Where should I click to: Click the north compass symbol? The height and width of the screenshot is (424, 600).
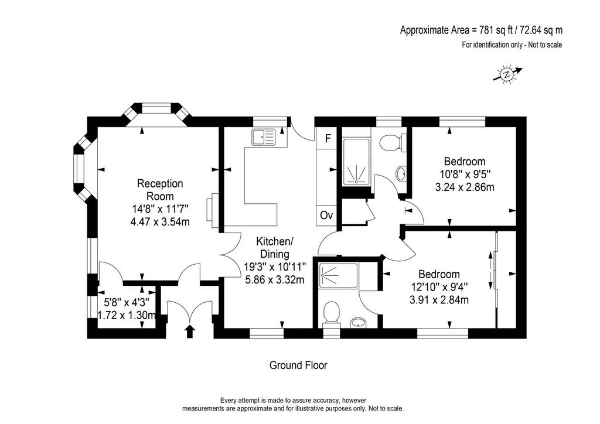click(508, 74)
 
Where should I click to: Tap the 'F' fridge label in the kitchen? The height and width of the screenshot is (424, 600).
click(328, 138)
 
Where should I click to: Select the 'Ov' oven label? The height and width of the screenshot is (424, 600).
click(326, 216)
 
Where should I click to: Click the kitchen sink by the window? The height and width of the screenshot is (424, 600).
click(264, 137)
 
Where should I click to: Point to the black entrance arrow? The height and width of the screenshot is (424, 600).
click(189, 331)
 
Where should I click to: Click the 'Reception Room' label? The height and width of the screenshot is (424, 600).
click(160, 190)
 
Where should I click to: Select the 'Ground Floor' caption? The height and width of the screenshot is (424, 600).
click(298, 365)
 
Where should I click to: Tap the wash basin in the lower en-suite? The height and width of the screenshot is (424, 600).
click(358, 323)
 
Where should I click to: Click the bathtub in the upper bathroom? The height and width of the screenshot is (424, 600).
click(356, 162)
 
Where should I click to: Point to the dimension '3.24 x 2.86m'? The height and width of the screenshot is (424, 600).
click(465, 187)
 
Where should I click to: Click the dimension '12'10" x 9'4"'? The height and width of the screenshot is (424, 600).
click(439, 287)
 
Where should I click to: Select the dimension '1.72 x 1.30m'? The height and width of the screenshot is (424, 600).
click(127, 316)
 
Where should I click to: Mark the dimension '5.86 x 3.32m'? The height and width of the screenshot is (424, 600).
click(274, 280)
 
